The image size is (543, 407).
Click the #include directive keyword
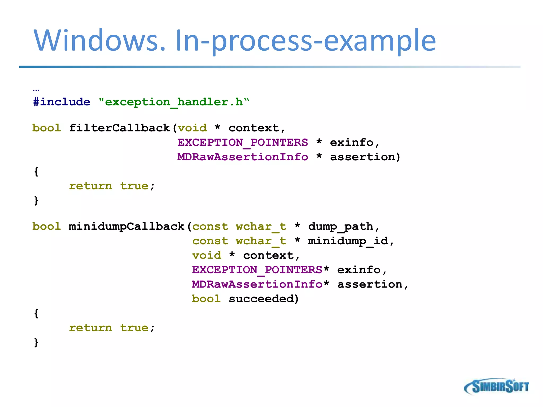coord(62,102)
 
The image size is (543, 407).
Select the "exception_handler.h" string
coord(174,102)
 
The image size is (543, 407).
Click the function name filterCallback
coord(119,128)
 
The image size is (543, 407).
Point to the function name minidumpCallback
coord(126,227)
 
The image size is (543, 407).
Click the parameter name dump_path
coord(340,227)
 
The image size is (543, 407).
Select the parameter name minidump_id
coord(348,241)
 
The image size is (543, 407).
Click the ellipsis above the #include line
coord(36,90)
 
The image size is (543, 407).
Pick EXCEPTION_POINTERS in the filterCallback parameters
coord(243,143)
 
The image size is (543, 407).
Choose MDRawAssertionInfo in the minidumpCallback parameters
coord(257,284)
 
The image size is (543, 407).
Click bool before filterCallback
coord(47,128)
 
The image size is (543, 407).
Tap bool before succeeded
coord(206,299)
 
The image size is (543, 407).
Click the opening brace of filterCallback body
coord(36,172)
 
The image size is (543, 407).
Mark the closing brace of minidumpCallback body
coord(36,342)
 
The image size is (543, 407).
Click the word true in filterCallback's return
coord(134,186)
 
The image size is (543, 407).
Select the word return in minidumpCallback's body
coord(90,328)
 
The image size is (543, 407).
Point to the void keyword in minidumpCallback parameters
coord(207,255)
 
